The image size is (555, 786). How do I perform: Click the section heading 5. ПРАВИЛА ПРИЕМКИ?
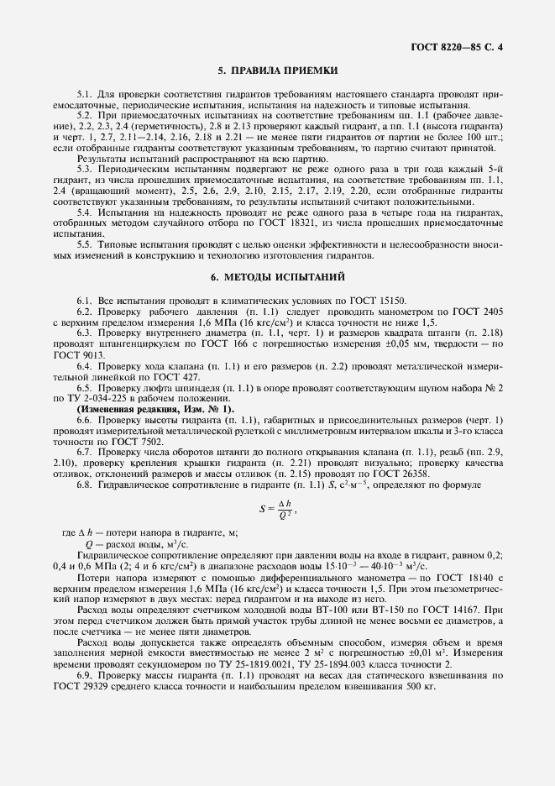[278, 71]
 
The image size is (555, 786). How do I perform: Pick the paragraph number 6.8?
[85, 486]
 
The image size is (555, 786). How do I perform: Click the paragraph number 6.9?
[85, 675]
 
